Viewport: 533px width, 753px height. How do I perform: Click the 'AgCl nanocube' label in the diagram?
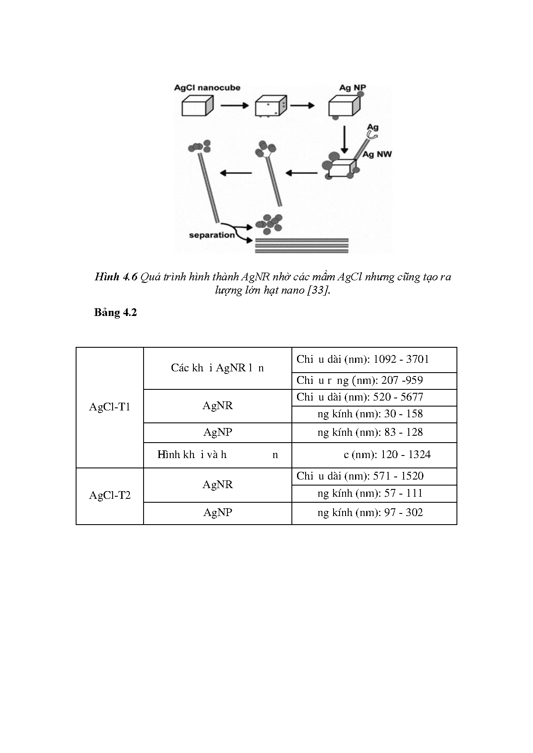coord(207,88)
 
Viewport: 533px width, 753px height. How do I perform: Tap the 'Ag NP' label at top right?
coord(352,88)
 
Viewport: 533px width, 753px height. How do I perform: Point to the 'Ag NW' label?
coord(377,154)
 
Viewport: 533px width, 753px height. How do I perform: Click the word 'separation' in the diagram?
coord(211,235)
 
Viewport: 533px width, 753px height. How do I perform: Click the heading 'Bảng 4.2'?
coord(115,312)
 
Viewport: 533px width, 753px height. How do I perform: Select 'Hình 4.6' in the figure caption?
coord(116,277)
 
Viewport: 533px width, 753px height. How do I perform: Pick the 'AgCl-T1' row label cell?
coord(110,407)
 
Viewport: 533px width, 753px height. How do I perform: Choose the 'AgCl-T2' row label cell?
coord(110,495)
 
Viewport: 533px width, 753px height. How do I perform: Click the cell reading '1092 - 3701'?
coord(374,359)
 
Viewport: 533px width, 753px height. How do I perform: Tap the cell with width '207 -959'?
coord(374,380)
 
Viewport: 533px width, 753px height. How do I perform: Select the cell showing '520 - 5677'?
coord(374,397)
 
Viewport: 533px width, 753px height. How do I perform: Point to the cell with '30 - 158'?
coord(374,414)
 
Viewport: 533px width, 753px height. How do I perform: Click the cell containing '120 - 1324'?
coord(374,455)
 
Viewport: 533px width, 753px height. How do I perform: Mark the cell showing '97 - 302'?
coord(374,513)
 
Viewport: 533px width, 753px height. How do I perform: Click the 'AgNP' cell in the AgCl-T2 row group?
coord(217,513)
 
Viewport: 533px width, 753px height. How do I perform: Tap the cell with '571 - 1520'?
coord(374,476)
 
